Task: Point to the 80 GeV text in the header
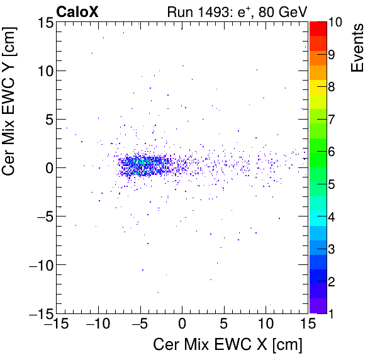pyautogui.click(x=283, y=11)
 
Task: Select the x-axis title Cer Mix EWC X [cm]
pyautogui.click(x=228, y=344)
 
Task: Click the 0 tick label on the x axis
pyautogui.click(x=182, y=325)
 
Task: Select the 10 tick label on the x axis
pyautogui.click(x=266, y=325)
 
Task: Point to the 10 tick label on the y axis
pyautogui.click(x=42, y=70)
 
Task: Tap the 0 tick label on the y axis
pyautogui.click(x=47, y=167)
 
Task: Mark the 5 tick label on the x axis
pyautogui.click(x=225, y=325)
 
